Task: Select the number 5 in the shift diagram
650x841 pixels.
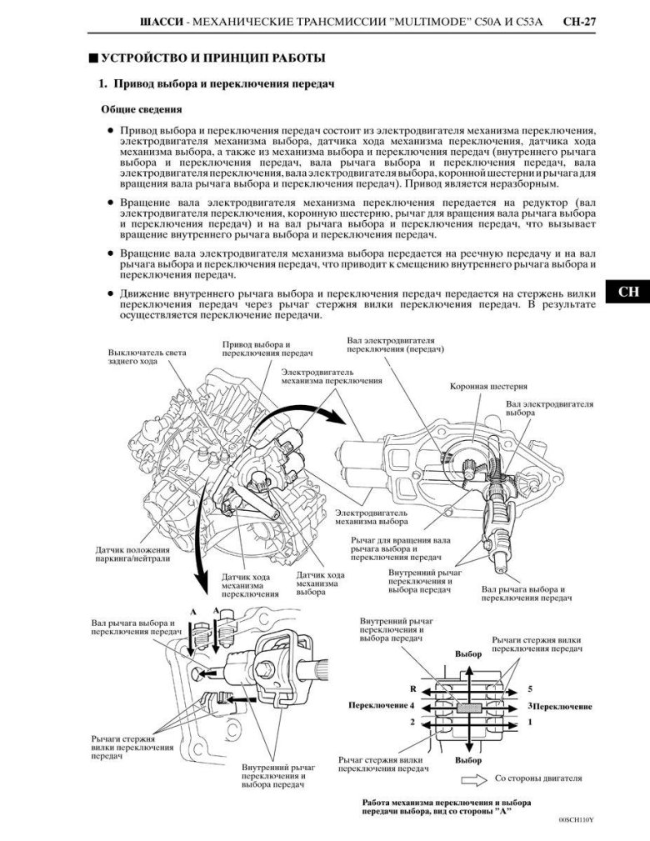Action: coord(529,689)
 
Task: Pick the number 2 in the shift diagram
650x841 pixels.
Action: coord(412,722)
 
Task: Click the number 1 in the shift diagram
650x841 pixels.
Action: coord(529,722)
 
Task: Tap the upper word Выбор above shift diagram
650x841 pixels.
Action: coord(468,655)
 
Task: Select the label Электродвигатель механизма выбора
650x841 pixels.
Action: coord(371,518)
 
